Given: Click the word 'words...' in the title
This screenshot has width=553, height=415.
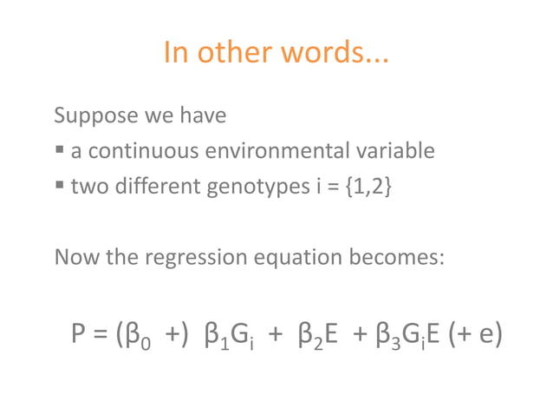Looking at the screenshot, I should pyautogui.click(x=337, y=54).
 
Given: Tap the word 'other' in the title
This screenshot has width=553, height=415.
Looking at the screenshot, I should pyautogui.click(x=234, y=54).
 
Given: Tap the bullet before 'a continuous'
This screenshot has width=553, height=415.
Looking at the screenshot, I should pyautogui.click(x=60, y=152).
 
